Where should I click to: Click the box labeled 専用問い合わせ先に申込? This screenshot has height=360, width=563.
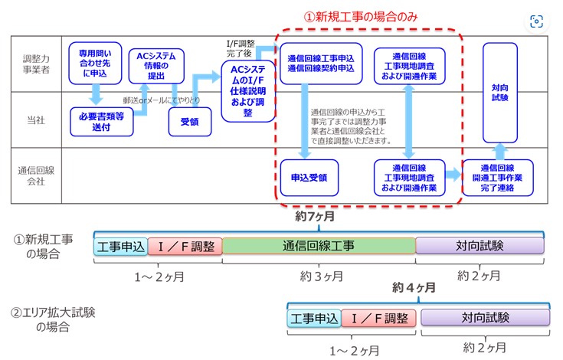95,63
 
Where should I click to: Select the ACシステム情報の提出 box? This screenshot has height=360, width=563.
156,66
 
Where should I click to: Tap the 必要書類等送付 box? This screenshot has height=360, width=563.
102,122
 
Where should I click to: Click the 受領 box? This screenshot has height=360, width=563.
190,122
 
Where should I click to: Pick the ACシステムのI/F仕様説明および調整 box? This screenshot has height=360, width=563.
248,91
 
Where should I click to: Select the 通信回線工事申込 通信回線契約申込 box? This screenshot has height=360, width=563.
321,64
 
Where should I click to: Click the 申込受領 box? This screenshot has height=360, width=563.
309,178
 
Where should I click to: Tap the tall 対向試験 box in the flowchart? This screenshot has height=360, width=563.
499,93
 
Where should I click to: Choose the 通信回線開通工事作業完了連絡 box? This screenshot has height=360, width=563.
497,178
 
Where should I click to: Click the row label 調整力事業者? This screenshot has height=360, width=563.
36,64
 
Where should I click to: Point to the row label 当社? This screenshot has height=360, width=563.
36,120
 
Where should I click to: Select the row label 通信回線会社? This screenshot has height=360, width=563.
36,176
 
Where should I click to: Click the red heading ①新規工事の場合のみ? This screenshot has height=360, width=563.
361,17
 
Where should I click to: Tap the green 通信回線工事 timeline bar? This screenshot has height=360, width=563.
319,246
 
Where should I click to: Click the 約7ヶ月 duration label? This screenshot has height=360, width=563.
315,217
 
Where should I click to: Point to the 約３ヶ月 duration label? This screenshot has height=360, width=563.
322,277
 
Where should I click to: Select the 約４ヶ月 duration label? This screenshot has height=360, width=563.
414,287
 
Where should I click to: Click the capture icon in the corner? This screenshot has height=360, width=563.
536,21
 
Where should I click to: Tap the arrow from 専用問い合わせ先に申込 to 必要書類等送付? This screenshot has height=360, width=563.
96,95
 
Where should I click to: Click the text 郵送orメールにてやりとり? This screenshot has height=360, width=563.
161,100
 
